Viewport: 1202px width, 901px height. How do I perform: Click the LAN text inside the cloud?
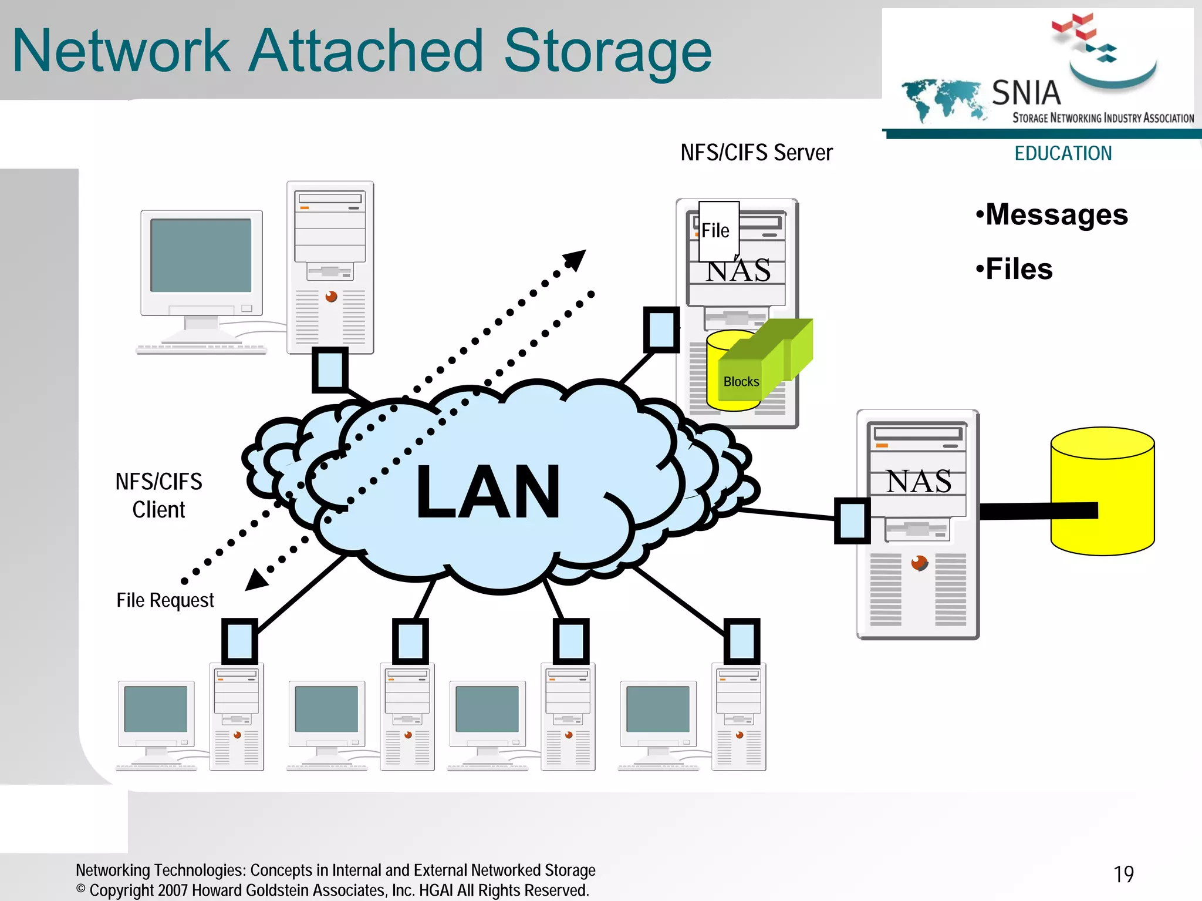tap(488, 492)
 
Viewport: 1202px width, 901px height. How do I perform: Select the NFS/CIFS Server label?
tap(756, 153)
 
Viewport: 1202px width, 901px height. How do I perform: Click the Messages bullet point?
tap(1052, 214)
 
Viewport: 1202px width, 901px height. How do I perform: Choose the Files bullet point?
tap(1015, 269)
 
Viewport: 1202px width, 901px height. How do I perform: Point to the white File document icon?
tap(718, 230)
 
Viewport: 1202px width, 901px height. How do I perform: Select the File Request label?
tap(165, 600)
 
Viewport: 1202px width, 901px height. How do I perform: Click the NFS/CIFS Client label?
tap(158, 495)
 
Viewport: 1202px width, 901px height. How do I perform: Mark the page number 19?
tap(1123, 874)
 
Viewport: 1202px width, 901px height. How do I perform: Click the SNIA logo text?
tap(1026, 93)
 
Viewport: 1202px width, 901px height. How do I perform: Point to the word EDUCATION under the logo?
tap(1063, 153)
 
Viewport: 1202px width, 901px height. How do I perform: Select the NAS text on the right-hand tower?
tap(919, 482)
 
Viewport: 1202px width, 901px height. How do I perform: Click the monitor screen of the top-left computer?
tap(201, 255)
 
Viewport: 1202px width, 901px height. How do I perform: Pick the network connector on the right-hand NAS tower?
tap(852, 520)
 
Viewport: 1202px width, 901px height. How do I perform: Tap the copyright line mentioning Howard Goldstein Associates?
tap(332, 890)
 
